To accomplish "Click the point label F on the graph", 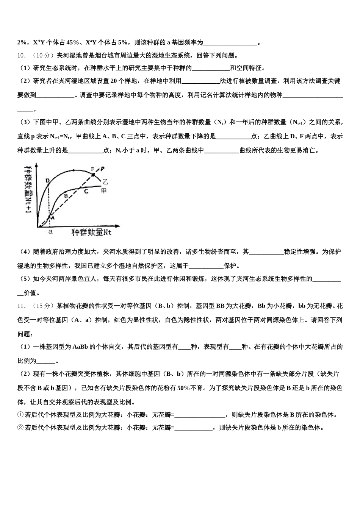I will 92,169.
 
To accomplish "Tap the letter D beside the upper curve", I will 47,181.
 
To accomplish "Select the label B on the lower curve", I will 66,196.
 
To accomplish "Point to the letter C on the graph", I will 86,191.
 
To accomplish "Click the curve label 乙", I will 105,182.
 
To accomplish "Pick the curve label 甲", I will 104,191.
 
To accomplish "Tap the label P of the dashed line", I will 102,169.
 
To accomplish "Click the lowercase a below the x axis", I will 50,231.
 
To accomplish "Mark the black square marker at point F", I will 93,175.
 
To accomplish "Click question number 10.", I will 21,56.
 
